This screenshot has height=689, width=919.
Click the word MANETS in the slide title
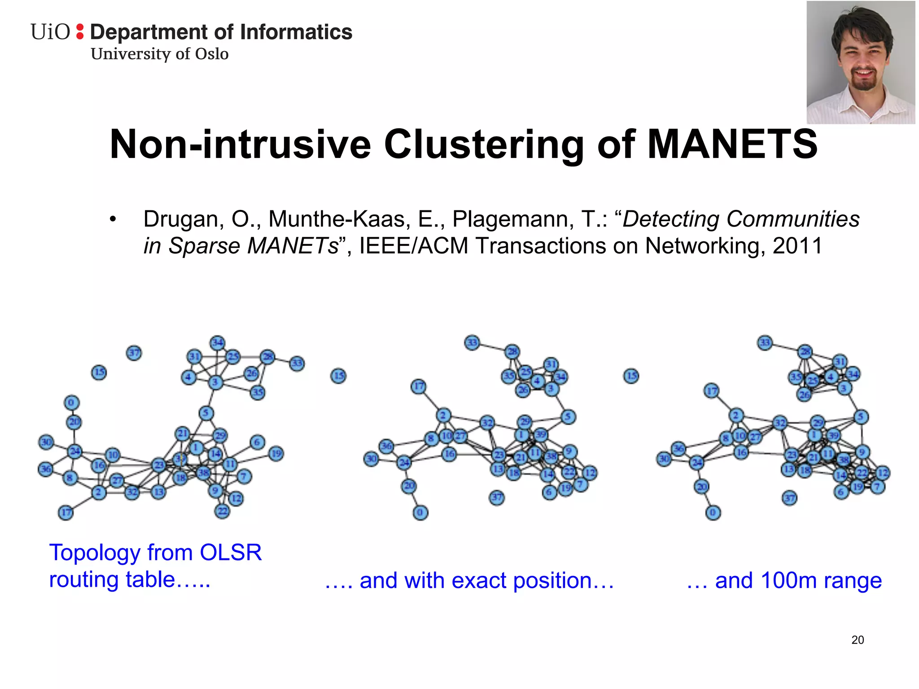point(732,144)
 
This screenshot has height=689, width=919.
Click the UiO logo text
point(50,32)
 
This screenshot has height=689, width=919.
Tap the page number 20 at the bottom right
point(858,640)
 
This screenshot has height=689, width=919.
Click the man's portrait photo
point(860,63)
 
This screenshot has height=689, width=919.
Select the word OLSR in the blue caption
point(231,553)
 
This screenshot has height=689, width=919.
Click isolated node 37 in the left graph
point(134,353)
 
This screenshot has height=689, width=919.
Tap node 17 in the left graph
point(66,512)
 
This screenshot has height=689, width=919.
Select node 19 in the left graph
point(276,454)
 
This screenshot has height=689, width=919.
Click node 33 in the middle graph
point(472,343)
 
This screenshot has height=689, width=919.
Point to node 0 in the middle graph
point(420,512)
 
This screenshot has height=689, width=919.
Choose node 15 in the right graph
point(631,376)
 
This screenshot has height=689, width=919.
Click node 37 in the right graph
point(790,497)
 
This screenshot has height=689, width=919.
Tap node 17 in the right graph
point(712,391)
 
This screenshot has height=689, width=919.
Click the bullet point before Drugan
point(113,220)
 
